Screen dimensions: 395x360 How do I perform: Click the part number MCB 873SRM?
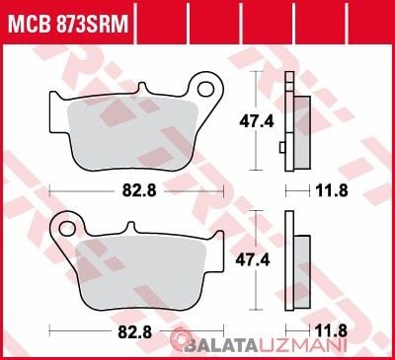tap(68, 24)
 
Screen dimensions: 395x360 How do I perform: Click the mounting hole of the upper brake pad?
tap(206, 89)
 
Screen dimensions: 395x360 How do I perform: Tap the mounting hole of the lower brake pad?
tap(67, 228)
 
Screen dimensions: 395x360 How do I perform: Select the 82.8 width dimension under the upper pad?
tap(139, 190)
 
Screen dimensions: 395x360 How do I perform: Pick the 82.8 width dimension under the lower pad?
tap(135, 332)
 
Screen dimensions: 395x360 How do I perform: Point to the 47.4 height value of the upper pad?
tap(257, 122)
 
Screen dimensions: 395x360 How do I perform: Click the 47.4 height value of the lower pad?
tap(253, 260)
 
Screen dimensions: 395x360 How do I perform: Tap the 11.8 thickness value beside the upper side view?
tap(332, 190)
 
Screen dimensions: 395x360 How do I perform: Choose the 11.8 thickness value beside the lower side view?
tap(332, 331)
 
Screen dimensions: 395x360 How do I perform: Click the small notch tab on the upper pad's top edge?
tap(142, 88)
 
